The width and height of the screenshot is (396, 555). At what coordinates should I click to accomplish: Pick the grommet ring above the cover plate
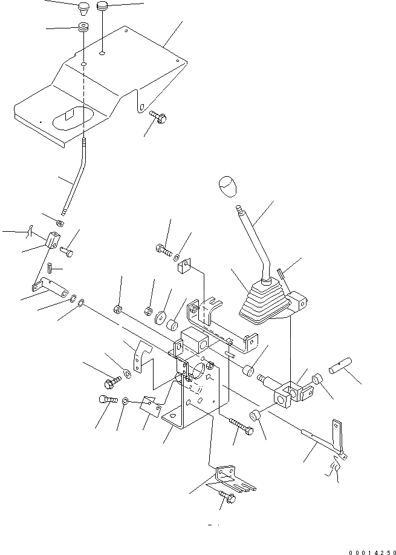click(x=82, y=28)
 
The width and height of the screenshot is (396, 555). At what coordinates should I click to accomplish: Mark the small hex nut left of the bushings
click(x=118, y=310)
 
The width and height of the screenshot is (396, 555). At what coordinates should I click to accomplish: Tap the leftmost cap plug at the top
click(x=82, y=8)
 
